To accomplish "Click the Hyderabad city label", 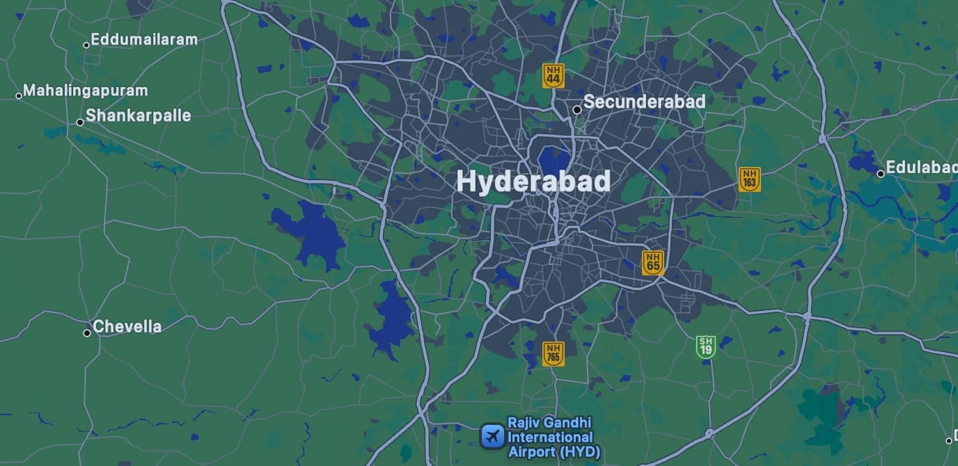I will pyautogui.click(x=533, y=182).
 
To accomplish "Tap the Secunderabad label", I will pyautogui.click(x=644, y=102).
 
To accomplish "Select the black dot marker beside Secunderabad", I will pyautogui.click(x=577, y=110).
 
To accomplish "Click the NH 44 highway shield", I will pyautogui.click(x=553, y=76).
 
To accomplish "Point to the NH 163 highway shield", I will pyautogui.click(x=749, y=179).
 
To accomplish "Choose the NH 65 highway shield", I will pyautogui.click(x=652, y=262).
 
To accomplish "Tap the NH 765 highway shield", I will pyautogui.click(x=553, y=353).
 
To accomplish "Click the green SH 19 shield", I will pyautogui.click(x=706, y=346).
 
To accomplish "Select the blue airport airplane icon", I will pyautogui.click(x=492, y=437).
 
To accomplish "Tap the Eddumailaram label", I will pyautogui.click(x=144, y=40).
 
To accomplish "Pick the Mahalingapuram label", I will pyautogui.click(x=86, y=90).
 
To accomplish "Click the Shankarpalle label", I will pyautogui.click(x=138, y=115).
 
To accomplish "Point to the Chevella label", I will pyautogui.click(x=127, y=326).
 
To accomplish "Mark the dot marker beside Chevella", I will pyautogui.click(x=87, y=333).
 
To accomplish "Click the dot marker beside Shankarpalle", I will pyautogui.click(x=80, y=122).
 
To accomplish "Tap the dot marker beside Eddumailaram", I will pyautogui.click(x=86, y=45).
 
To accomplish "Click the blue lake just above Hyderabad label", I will pyautogui.click(x=554, y=158).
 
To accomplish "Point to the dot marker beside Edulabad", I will pyautogui.click(x=881, y=174).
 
